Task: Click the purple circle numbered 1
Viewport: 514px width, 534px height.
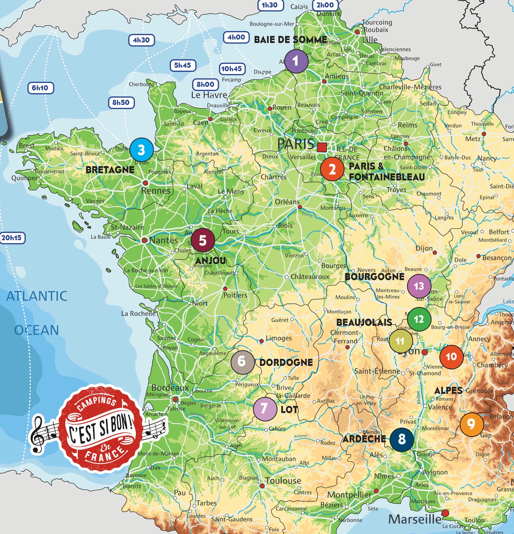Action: [x=296, y=61]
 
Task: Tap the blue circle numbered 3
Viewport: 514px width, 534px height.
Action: [x=141, y=150]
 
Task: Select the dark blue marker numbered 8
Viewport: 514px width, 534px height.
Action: [x=402, y=439]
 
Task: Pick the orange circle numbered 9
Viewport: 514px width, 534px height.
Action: [x=471, y=424]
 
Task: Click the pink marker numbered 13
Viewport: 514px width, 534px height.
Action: [x=419, y=286]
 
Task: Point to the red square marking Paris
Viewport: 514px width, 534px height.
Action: [x=322, y=147]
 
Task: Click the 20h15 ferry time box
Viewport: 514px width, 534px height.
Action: [x=12, y=238]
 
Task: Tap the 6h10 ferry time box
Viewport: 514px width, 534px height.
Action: [x=40, y=88]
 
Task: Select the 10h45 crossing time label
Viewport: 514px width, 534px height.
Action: [x=231, y=69]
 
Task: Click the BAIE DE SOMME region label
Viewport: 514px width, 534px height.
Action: [x=290, y=40]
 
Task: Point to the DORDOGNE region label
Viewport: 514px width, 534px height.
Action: [x=286, y=362]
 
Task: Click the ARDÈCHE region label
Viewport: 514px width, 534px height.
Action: [x=364, y=439]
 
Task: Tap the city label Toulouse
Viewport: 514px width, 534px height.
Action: [x=283, y=481]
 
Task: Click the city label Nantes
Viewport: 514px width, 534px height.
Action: [x=163, y=240]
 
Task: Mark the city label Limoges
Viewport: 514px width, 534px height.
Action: [x=279, y=338]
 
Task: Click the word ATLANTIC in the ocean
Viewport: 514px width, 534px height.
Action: [x=37, y=296]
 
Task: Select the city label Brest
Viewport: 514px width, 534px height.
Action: [x=27, y=145]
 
